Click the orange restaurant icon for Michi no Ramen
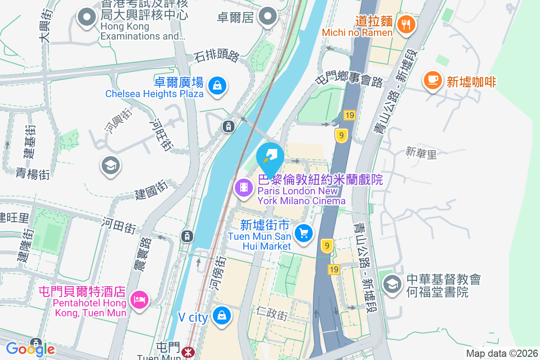[407, 24]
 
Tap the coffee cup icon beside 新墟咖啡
[432, 80]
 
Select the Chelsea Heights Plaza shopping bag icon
[217, 85]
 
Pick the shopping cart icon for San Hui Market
[304, 234]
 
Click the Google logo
[30, 349]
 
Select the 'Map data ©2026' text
[501, 353]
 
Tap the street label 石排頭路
[216, 56]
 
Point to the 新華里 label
[421, 153]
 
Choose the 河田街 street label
[118, 225]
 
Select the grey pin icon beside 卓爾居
[269, 17]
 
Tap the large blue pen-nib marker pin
[270, 157]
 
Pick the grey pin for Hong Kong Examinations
[87, 18]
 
